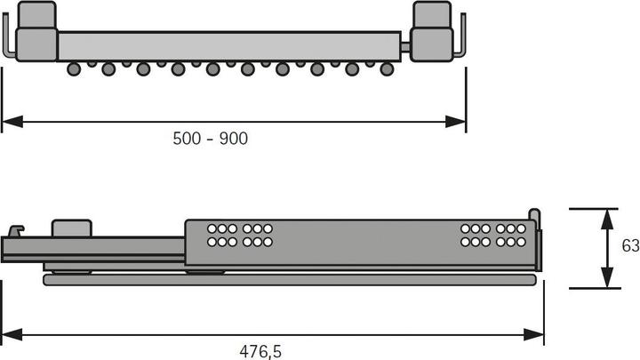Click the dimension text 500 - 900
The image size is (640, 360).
(x=210, y=138)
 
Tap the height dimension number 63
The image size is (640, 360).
(x=627, y=247)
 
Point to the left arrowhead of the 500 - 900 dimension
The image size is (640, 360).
(x=9, y=121)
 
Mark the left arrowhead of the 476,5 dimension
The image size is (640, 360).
(x=9, y=333)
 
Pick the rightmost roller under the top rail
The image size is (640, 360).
(x=388, y=68)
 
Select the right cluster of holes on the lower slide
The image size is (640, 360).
(x=493, y=235)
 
